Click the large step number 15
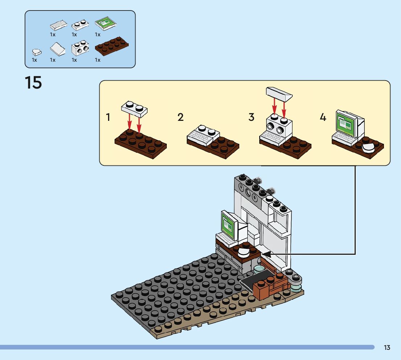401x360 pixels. point(33,82)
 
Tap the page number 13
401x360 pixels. point(387,347)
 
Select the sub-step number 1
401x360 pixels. point(108,117)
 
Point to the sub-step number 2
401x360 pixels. point(180,117)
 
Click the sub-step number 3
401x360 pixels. point(251,117)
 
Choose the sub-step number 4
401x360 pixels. point(323,117)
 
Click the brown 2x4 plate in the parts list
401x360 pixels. point(112,46)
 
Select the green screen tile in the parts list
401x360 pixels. point(106,24)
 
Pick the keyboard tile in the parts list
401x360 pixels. point(59,25)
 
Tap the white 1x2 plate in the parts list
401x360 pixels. point(80,25)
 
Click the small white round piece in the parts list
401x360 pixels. point(37,52)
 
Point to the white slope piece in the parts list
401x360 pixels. point(58,49)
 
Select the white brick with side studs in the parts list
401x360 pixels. point(80,48)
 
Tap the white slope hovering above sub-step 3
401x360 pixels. point(279,94)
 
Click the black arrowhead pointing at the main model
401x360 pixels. point(266,254)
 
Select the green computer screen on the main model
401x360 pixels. point(228,225)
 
